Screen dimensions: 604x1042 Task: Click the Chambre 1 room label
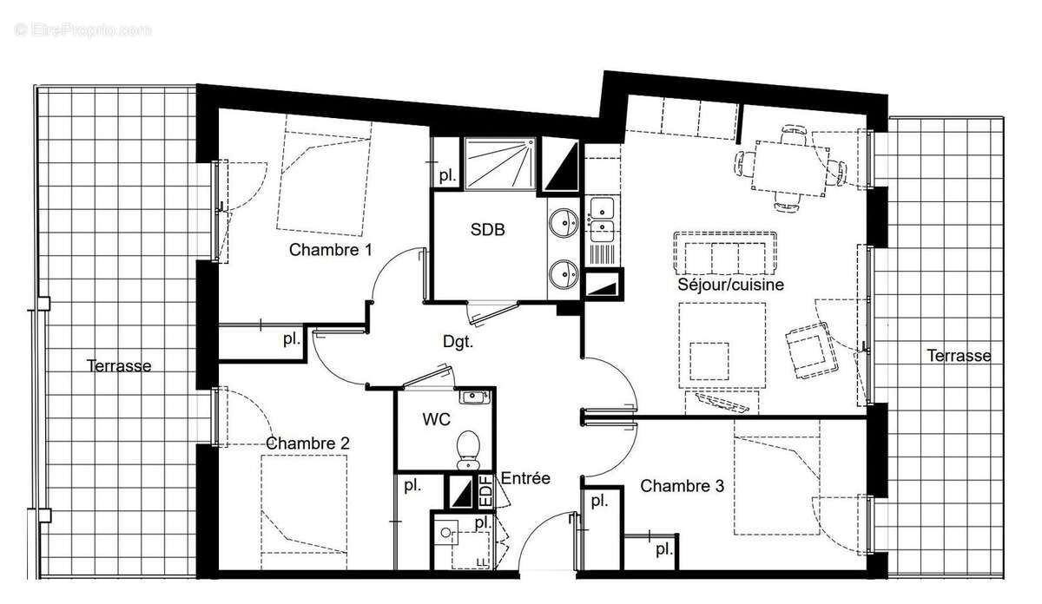(x=331, y=250)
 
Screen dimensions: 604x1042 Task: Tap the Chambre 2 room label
(x=307, y=443)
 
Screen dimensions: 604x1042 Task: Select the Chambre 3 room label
(x=682, y=486)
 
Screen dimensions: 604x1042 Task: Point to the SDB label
(x=487, y=230)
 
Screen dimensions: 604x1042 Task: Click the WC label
(x=436, y=419)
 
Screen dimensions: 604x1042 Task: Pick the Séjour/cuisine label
(x=731, y=284)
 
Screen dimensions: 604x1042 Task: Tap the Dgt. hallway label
(x=458, y=341)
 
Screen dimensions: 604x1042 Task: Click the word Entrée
(x=525, y=478)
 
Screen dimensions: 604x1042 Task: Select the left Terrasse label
(x=119, y=365)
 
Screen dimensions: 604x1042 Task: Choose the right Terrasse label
(x=959, y=355)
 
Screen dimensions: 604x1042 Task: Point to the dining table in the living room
(x=788, y=167)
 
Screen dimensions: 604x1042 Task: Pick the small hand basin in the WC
(x=473, y=397)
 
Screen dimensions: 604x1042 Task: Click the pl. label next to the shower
(x=447, y=174)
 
